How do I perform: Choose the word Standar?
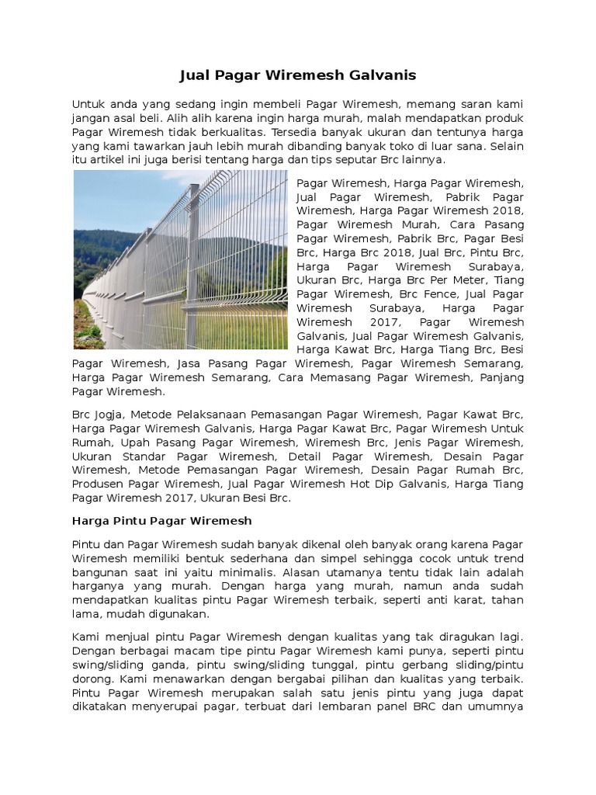click(x=143, y=457)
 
